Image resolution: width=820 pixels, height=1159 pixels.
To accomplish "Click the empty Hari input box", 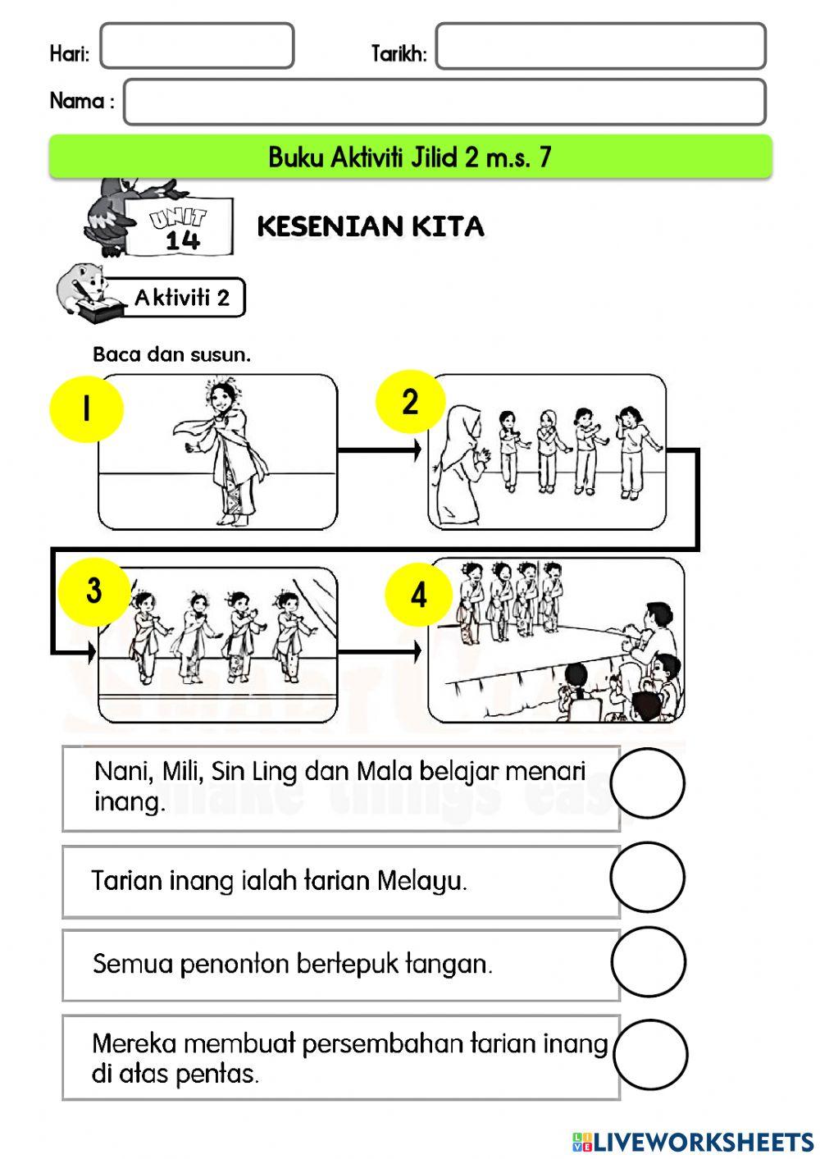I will click(x=197, y=46).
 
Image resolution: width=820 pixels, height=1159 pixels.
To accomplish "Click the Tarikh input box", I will click(x=600, y=46).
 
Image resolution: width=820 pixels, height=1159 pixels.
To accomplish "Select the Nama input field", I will click(x=444, y=102).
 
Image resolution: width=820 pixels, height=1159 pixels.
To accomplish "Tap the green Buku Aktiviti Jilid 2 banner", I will click(x=410, y=157).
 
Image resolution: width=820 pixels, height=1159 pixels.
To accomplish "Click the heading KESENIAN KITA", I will click(x=371, y=226).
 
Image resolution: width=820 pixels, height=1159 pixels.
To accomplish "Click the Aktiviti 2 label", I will click(x=182, y=297).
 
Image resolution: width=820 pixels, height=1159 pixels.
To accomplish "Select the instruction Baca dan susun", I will click(x=171, y=355).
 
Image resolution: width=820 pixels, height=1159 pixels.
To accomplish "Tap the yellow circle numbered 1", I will click(x=86, y=408).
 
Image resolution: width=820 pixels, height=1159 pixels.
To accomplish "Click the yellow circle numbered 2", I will click(x=410, y=402).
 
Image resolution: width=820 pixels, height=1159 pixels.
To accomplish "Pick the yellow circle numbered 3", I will click(x=93, y=591).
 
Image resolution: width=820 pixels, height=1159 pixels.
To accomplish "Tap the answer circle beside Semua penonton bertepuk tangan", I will click(x=648, y=962).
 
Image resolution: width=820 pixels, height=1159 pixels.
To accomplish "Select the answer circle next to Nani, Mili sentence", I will click(x=648, y=783).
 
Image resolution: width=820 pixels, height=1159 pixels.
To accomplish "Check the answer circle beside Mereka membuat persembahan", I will click(x=649, y=1055).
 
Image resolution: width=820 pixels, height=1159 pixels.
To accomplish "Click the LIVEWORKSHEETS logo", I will click(x=693, y=1141).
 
